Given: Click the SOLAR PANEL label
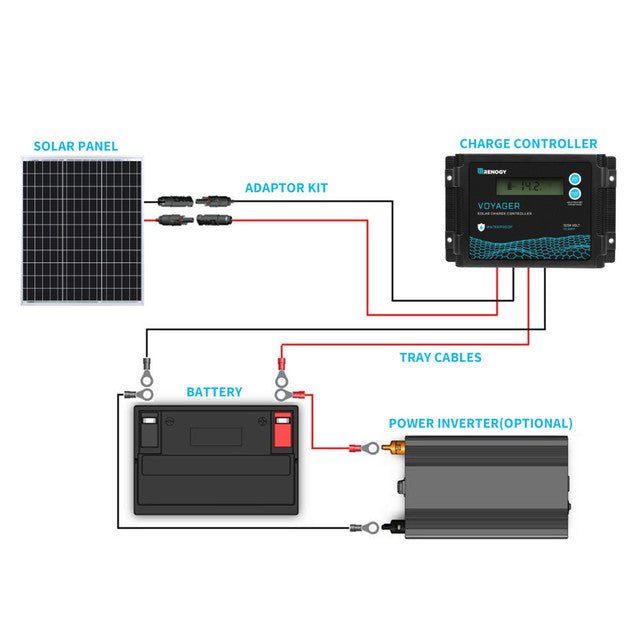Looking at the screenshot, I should [x=76, y=146].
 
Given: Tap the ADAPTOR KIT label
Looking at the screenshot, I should [x=286, y=188].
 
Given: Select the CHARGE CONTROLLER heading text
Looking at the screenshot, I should [x=528, y=144].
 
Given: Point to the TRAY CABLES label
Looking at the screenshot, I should [x=440, y=358].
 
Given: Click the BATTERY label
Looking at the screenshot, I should [x=214, y=392].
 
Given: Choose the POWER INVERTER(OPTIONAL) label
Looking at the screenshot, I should [x=480, y=423].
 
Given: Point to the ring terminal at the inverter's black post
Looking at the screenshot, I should [x=367, y=525].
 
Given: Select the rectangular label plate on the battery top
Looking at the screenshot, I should [x=217, y=436].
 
